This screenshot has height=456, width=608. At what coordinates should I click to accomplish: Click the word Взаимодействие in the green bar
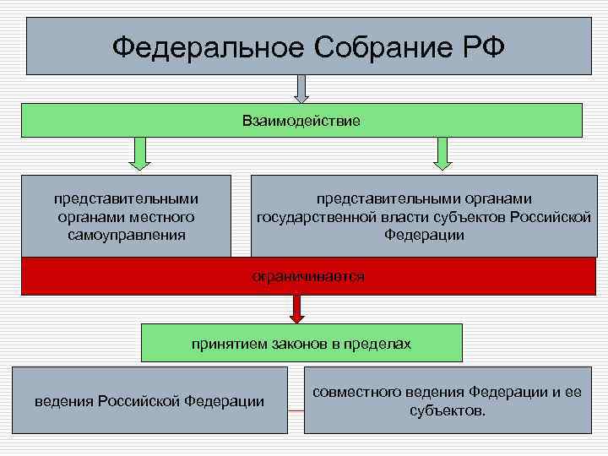301,122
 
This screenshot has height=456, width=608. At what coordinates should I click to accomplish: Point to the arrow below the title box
301,89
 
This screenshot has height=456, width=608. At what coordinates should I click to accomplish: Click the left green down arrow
140,155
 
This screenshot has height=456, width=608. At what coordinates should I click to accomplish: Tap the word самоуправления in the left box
127,235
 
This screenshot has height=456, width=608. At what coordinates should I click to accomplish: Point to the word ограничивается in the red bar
307,276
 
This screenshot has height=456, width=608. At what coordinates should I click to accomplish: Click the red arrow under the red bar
296,308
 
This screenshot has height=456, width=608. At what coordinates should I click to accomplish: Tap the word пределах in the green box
379,344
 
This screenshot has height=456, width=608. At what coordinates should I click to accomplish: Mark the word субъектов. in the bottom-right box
448,410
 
